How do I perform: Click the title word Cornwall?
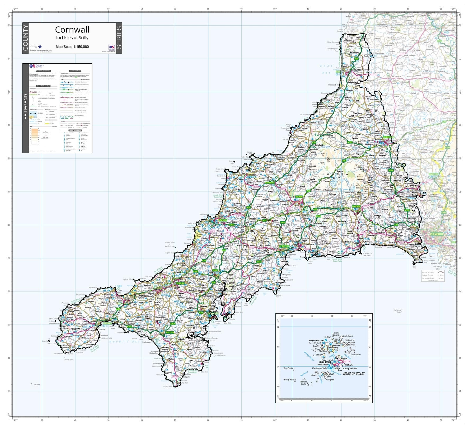[x=72, y=29]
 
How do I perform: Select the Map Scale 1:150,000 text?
[x=72, y=47]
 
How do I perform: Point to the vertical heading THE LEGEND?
[x=25, y=108]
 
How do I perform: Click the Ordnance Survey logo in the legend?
[x=37, y=66]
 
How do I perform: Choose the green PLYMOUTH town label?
[x=436, y=234]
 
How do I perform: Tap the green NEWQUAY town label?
[x=223, y=220]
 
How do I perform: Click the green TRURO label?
[x=215, y=270]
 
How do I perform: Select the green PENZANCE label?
[x=108, y=323]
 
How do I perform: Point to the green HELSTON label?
[x=170, y=332]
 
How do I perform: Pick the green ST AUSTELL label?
[x=284, y=246]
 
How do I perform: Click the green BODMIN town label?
[x=299, y=197]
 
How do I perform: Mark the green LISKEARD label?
[x=356, y=206]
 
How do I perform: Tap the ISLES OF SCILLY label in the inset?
[x=354, y=374]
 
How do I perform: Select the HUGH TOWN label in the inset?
[x=325, y=362]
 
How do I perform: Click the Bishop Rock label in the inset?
[x=289, y=380]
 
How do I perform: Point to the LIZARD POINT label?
[x=169, y=386]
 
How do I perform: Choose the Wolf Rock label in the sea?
[x=36, y=384]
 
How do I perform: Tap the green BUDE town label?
[x=338, y=72]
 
